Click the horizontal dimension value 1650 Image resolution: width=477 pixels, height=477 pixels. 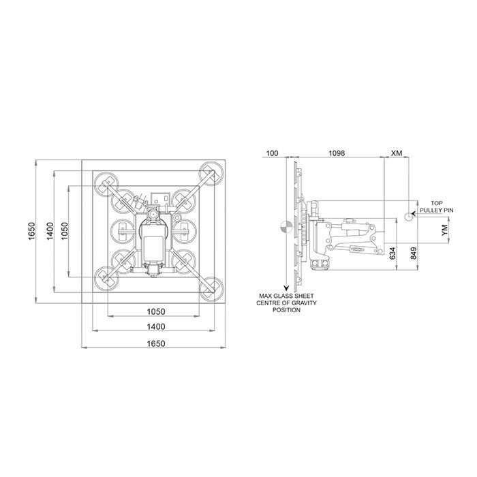click(156, 343)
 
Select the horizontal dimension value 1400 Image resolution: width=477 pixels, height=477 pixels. click(156, 326)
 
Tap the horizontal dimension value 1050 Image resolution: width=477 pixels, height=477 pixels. click(156, 311)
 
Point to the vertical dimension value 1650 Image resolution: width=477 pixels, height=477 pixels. click(32, 232)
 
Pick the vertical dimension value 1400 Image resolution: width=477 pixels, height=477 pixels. click(50, 231)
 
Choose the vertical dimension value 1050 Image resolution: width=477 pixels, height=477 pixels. click(65, 231)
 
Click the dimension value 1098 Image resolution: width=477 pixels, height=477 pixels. click(337, 153)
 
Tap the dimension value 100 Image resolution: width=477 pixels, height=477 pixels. click(272, 153)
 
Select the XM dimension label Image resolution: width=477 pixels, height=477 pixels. click(397, 153)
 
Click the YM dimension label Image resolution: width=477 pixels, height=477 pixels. click(445, 230)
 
